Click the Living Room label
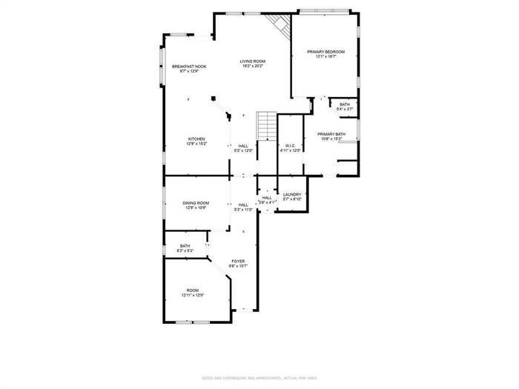252,61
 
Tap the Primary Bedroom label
326,51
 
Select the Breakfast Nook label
189,66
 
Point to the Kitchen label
196,139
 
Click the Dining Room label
196,203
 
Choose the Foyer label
238,261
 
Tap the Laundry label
291,194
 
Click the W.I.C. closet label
291,145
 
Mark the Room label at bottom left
192,290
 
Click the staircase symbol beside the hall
266,125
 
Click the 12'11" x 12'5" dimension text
192,295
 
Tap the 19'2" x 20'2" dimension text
252,66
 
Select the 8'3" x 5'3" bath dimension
185,251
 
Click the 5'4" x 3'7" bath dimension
345,109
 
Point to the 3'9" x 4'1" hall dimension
267,202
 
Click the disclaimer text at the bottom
259,378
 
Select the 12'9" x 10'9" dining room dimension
196,208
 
